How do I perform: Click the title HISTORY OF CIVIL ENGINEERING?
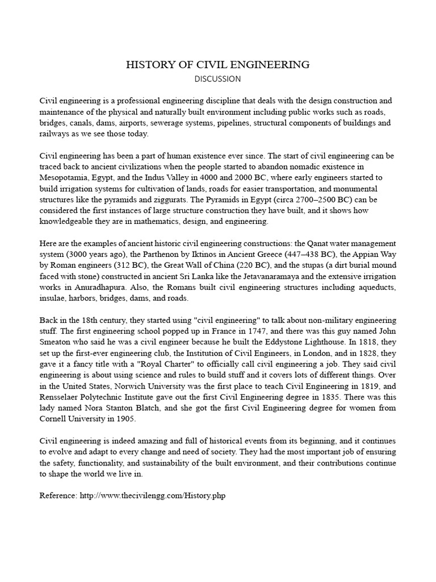(218, 65)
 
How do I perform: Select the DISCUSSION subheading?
(218, 78)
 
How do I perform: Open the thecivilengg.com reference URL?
(152, 496)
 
